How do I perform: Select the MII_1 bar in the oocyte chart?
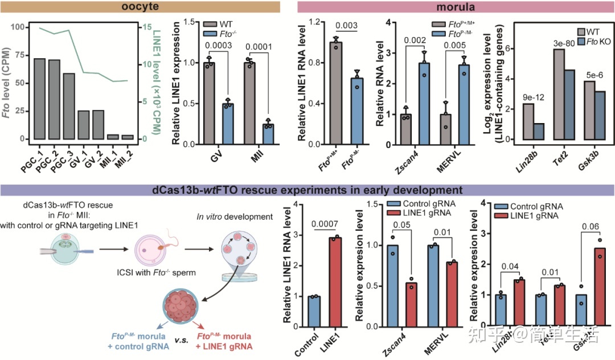[x=113, y=137]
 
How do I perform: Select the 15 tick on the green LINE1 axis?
[x=128, y=27]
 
